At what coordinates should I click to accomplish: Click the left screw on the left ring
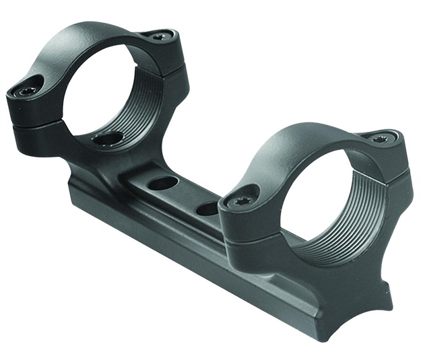[28, 91]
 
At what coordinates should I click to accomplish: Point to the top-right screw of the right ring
[379, 138]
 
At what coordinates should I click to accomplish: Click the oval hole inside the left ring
[108, 139]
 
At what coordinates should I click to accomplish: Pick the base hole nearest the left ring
[160, 183]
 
